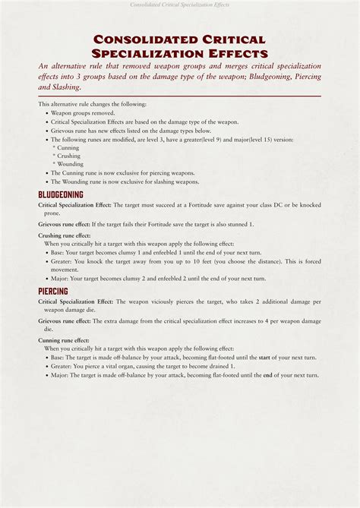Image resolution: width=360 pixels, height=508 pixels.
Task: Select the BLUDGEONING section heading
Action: tap(61, 195)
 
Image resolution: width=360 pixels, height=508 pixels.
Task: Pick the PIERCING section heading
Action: tap(53, 292)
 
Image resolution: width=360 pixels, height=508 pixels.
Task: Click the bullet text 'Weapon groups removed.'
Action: tap(83, 112)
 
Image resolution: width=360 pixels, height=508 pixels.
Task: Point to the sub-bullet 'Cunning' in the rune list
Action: tap(68, 148)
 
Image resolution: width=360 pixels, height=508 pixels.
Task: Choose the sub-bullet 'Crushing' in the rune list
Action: tap(70, 156)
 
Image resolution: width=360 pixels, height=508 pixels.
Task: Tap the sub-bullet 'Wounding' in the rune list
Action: tap(71, 164)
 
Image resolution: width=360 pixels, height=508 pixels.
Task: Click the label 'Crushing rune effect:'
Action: tap(64, 235)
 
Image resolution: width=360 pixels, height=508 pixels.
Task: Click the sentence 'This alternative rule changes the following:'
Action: tap(93, 104)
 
